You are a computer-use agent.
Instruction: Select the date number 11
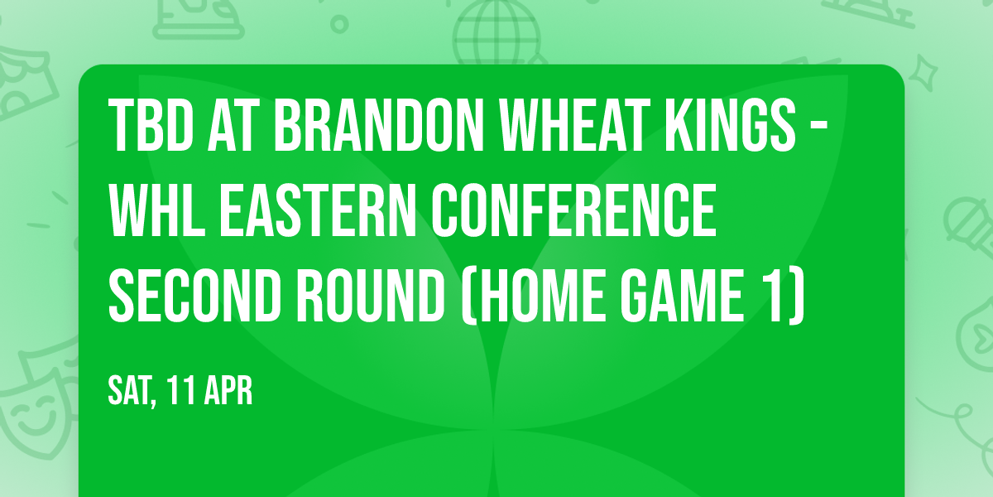181,390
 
